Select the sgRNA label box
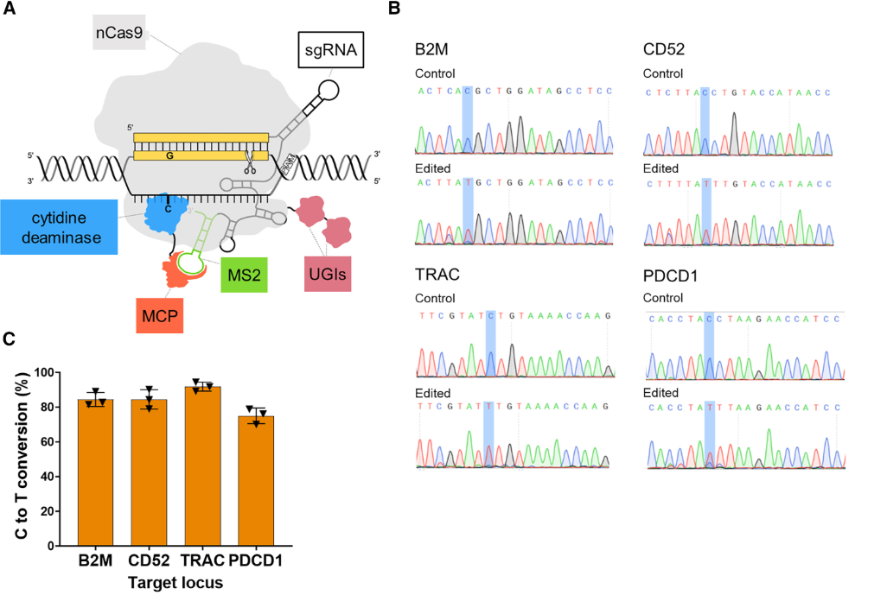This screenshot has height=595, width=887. (332, 51)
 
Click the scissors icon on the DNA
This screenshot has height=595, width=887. (249, 160)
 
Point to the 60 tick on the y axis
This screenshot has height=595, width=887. (45, 441)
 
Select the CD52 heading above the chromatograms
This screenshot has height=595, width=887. (665, 49)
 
